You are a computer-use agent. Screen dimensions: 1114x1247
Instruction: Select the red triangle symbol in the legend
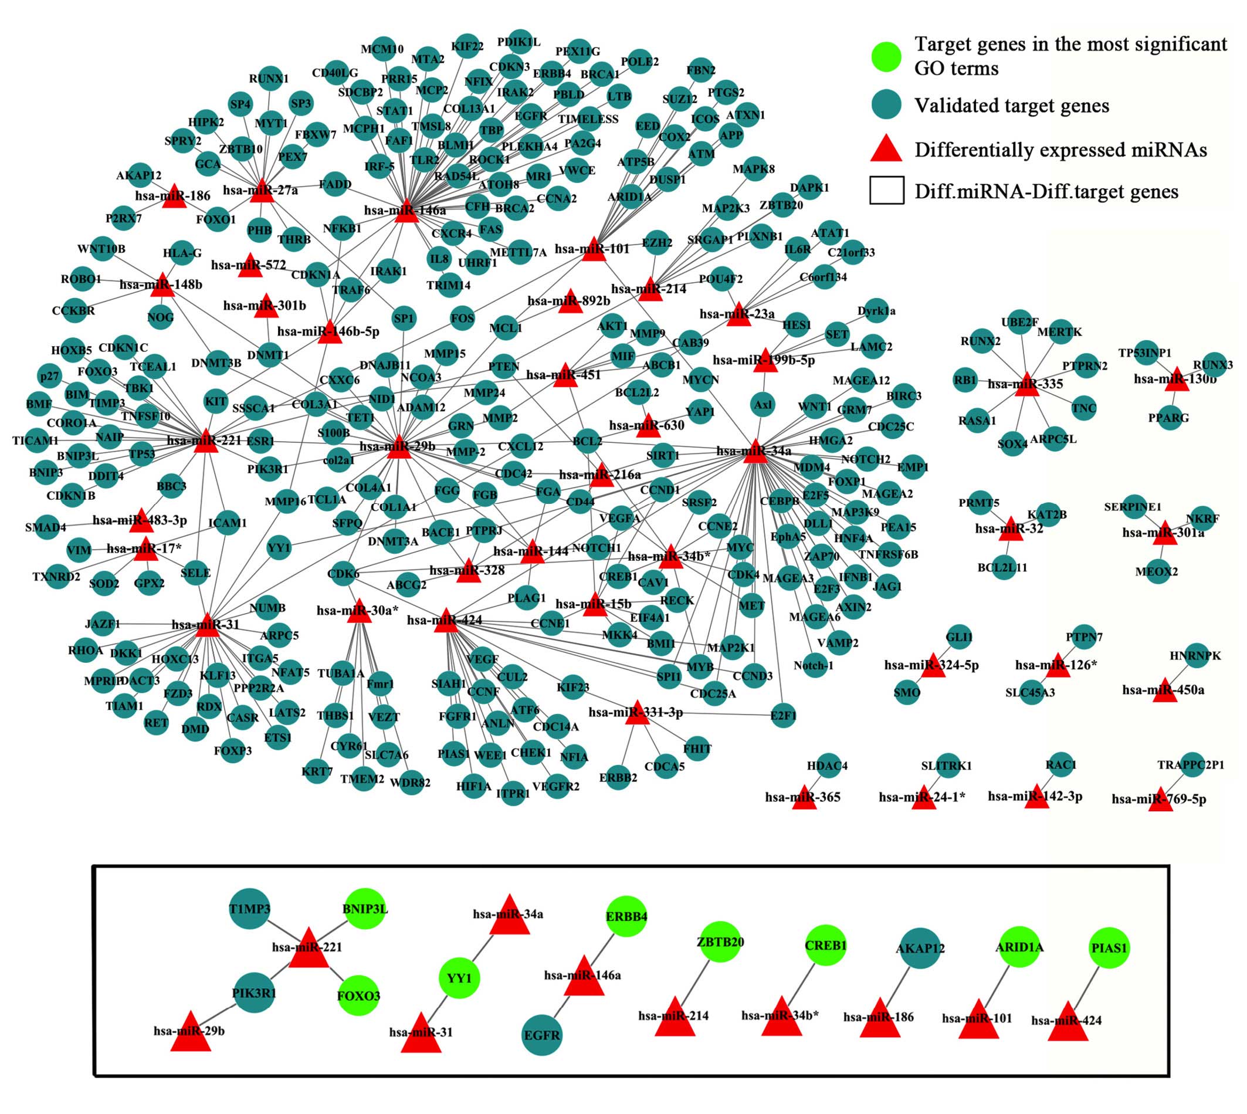click(x=886, y=149)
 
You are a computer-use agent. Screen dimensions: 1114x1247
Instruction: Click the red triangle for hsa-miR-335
click(x=1026, y=384)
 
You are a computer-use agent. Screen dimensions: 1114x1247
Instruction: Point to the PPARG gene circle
click(x=1168, y=418)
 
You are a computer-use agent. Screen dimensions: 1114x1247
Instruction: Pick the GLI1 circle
click(x=959, y=637)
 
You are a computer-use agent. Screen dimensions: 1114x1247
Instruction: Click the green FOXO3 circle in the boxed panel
click(x=358, y=996)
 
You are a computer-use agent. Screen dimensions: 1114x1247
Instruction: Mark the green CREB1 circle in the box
click(x=825, y=945)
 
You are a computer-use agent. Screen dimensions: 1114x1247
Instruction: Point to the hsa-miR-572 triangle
click(x=250, y=265)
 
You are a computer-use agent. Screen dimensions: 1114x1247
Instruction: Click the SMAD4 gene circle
click(x=46, y=527)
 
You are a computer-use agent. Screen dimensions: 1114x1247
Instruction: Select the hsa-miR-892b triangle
click(x=570, y=301)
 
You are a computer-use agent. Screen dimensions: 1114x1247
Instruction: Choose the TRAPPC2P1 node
click(x=1191, y=764)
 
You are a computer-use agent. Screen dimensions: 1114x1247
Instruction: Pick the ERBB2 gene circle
click(x=618, y=777)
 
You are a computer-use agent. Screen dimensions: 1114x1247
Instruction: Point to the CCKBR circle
click(x=73, y=311)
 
